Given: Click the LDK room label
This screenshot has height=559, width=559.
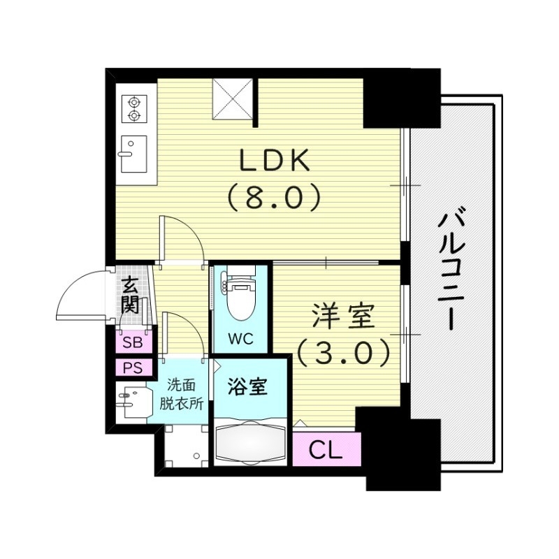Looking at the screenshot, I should point(275,162).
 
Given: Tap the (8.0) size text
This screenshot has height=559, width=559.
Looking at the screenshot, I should point(274,198).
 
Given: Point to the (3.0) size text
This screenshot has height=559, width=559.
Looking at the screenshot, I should point(342,354).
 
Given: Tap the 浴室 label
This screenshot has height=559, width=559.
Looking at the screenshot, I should point(249,386).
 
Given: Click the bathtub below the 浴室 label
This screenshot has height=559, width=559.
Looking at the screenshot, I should point(249,442).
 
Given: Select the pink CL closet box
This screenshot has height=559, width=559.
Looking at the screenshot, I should point(326,449).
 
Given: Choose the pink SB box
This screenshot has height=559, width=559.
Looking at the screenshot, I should point(131,342).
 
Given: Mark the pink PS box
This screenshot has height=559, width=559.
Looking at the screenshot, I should point(131,368).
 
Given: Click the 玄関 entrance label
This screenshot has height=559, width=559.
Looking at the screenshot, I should point(131,294).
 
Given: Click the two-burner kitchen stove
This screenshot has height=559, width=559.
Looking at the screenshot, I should point(133,108).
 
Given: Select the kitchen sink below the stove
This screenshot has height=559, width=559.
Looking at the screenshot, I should point(133,153).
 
